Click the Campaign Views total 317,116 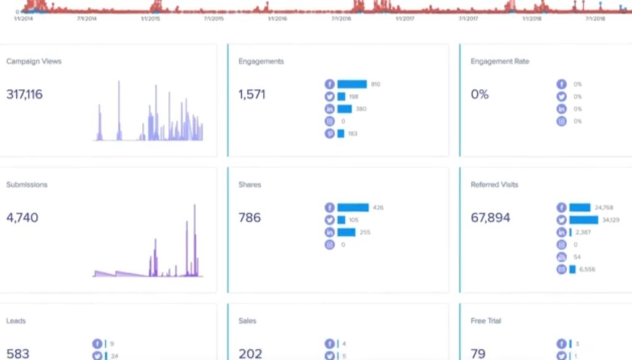(x=25, y=94)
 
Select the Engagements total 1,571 (x=252, y=94)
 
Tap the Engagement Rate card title (x=499, y=61)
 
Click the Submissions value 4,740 (x=22, y=217)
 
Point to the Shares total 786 (x=249, y=217)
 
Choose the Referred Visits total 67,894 (x=490, y=217)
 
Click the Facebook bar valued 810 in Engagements (x=352, y=84)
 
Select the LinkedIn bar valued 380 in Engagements (x=344, y=109)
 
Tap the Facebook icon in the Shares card (x=330, y=207)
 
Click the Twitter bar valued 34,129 (x=583, y=220)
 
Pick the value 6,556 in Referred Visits (x=587, y=269)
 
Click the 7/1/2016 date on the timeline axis (x=341, y=19)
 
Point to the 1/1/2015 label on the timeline (x=150, y=19)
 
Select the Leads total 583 (x=18, y=353)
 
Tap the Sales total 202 (x=250, y=353)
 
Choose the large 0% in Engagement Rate (x=480, y=94)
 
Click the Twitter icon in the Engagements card (x=330, y=96)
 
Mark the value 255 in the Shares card (x=366, y=232)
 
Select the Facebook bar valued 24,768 (x=580, y=207)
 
